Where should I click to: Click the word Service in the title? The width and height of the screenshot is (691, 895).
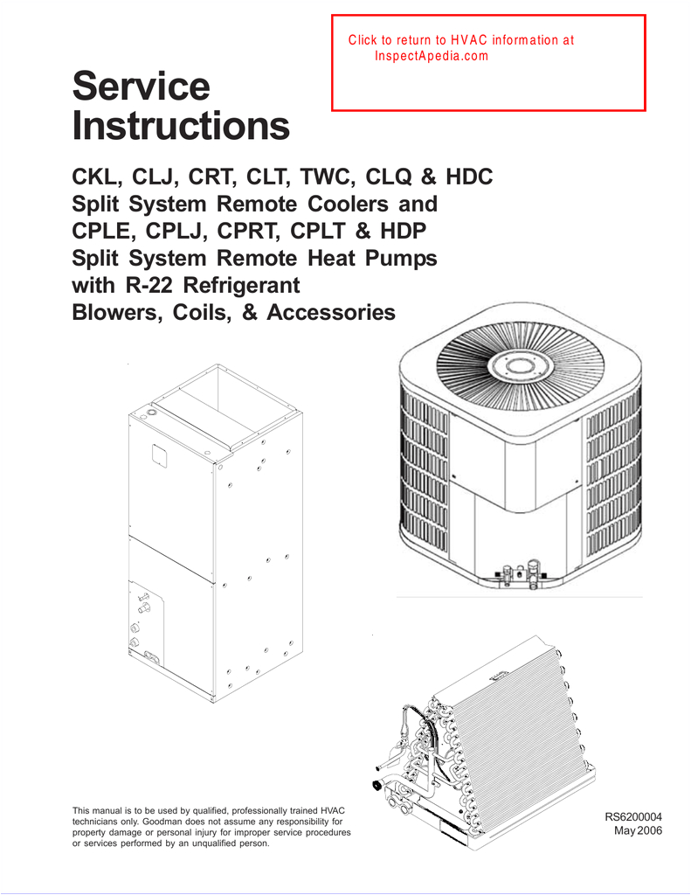tap(141, 87)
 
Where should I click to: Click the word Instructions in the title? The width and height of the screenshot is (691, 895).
tap(180, 128)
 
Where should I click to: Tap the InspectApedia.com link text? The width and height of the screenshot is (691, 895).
tap(431, 55)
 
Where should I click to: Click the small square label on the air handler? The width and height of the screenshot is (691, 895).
tap(158, 454)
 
